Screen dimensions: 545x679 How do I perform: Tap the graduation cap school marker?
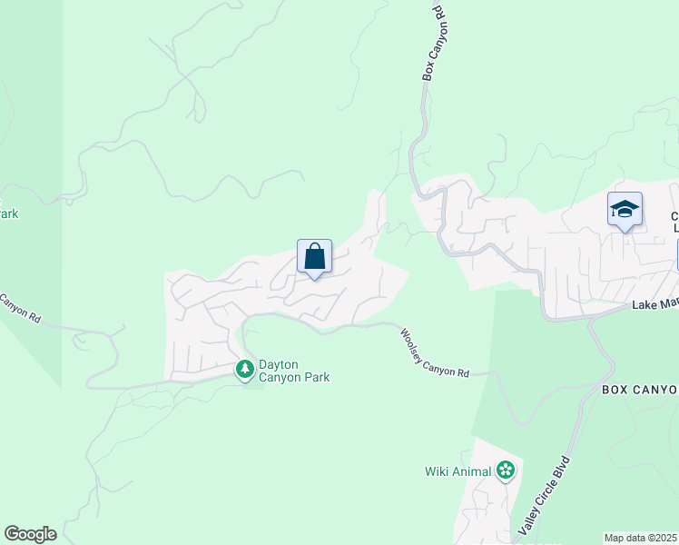[625, 210]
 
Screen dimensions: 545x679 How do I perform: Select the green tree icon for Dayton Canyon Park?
[244, 370]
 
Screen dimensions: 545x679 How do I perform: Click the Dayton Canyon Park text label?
[294, 371]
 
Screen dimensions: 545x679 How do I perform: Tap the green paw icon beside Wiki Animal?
[506, 471]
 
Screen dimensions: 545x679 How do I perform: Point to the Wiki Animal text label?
[458, 471]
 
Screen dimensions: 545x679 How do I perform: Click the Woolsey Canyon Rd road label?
[435, 353]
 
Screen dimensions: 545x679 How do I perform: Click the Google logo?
[30, 534]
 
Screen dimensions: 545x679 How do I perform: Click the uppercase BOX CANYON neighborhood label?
[640, 390]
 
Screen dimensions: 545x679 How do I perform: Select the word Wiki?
[438, 471]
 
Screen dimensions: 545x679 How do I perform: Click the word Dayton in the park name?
[279, 364]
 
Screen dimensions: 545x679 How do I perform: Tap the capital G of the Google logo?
[11, 533]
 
